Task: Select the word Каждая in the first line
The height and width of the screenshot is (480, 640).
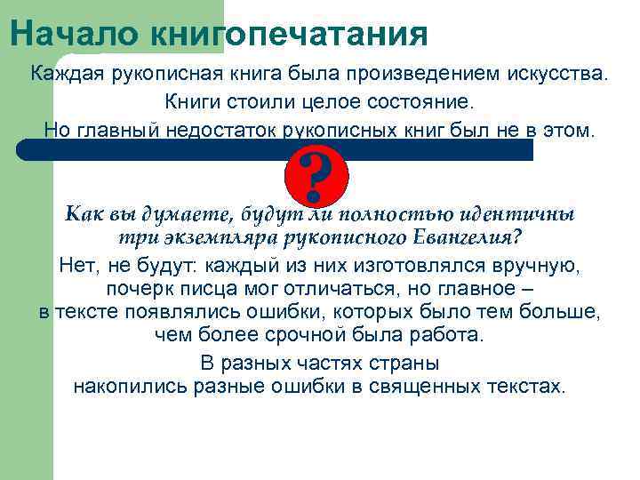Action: pyautogui.click(x=68, y=72)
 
